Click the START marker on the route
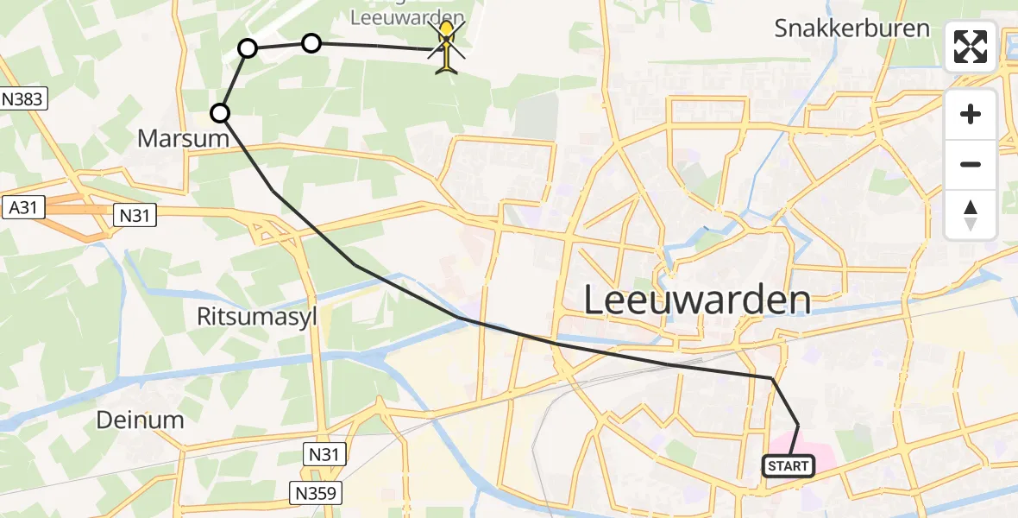click(788, 466)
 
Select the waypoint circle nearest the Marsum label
click(221, 112)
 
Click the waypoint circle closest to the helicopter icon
click(311, 42)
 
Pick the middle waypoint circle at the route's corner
click(248, 48)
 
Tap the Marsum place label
click(183, 138)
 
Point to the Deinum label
click(140, 420)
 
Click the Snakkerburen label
click(851, 28)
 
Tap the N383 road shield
click(22, 99)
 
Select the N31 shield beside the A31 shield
click(135, 216)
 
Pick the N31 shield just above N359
click(325, 452)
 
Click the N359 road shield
click(316, 493)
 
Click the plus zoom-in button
click(971, 115)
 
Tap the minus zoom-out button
click(971, 164)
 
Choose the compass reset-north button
click(971, 214)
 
